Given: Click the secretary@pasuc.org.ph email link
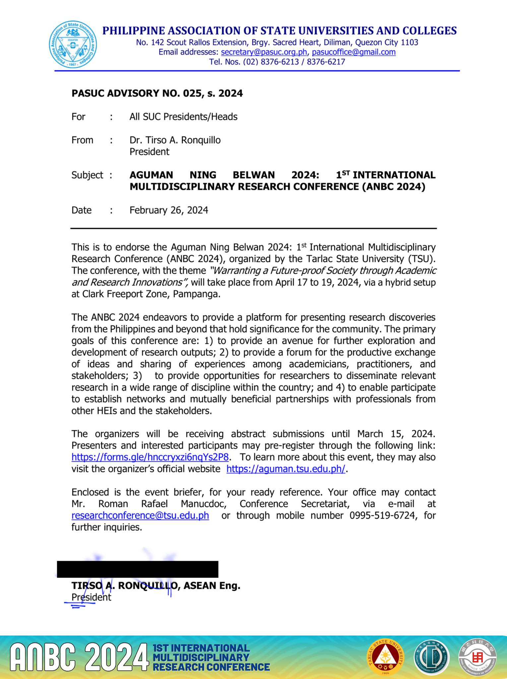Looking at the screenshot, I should click(264, 52).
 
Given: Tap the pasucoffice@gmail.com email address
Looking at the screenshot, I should click(353, 52).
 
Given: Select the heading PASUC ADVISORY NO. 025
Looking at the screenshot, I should click(157, 93).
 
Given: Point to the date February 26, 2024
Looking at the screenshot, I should click(169, 210).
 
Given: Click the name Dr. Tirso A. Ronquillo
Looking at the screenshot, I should click(175, 140).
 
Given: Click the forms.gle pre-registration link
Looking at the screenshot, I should click(150, 457).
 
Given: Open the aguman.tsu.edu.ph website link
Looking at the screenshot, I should click(286, 469).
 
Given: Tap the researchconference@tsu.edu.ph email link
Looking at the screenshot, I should click(140, 516).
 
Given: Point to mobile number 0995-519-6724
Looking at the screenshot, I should click(383, 516).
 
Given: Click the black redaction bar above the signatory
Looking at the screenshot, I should click(138, 569).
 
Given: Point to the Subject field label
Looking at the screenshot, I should click(87, 175).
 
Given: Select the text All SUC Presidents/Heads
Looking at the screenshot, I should click(183, 117).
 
